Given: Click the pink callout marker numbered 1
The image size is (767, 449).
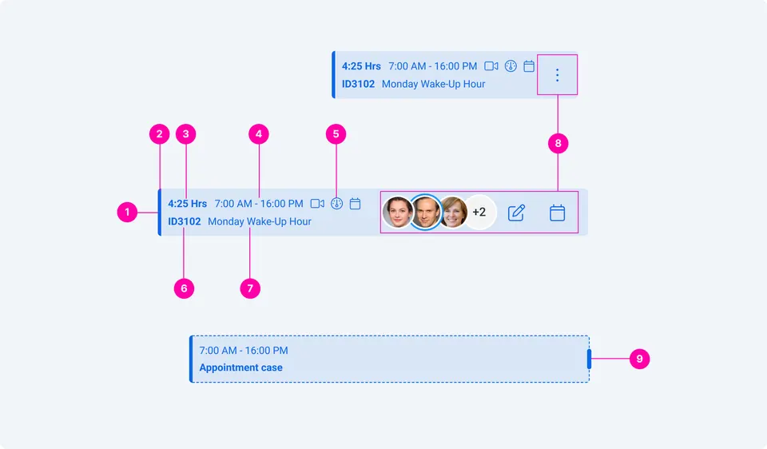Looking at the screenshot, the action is [x=127, y=213].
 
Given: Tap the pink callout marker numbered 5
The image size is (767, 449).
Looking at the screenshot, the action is [x=336, y=134].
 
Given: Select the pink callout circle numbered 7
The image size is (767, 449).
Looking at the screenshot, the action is [x=250, y=288].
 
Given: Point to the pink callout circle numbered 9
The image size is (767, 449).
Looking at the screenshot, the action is [x=639, y=359].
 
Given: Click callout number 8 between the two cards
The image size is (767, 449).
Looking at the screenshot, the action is [x=558, y=143].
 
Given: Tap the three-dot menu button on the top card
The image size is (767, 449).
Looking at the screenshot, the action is [x=557, y=75].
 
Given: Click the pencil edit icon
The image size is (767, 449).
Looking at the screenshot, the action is [x=516, y=213].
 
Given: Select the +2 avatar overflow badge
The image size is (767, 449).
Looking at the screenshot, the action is [x=479, y=213].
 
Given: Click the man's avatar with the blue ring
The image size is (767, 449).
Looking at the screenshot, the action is [x=425, y=212].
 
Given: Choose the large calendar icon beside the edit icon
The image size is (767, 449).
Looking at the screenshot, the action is [x=557, y=213].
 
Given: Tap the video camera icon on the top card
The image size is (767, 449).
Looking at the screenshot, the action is [x=491, y=66].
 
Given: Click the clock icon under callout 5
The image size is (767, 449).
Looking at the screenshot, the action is [x=336, y=204].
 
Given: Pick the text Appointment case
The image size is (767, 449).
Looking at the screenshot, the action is [x=240, y=368].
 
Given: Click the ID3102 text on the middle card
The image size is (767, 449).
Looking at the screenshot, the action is [x=185, y=221].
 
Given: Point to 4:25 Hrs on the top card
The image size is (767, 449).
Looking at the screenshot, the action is [x=361, y=66].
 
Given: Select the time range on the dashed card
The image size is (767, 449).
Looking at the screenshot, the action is [x=244, y=350].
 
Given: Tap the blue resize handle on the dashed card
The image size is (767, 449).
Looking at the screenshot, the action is [x=589, y=359].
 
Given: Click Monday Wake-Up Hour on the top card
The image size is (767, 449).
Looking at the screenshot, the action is [x=433, y=84].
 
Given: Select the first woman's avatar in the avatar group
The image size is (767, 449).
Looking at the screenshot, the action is [x=397, y=213].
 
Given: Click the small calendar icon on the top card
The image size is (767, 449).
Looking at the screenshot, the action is [x=529, y=66].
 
